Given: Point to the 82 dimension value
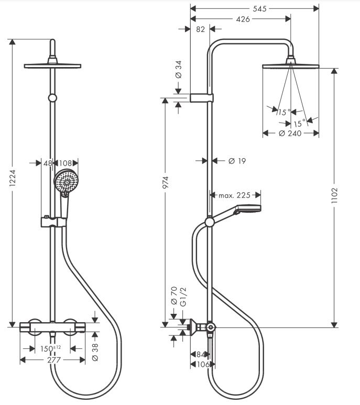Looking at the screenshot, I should tap(200, 30).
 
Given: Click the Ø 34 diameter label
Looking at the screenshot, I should tap(178, 70).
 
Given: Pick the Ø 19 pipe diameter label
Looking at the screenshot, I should tap(237, 161).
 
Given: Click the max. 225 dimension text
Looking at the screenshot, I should tap(234, 195).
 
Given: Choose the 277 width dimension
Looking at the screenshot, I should tap(52, 360).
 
